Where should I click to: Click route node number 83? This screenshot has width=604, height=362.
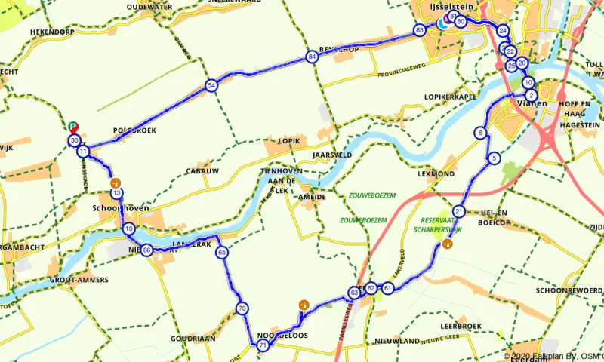coord(419,30)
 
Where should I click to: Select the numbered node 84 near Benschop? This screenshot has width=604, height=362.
coord(312,57)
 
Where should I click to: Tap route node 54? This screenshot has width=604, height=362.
coord(211,85)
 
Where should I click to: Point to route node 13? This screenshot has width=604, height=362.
coord(116,194)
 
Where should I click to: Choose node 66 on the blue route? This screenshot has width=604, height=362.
coord(146,250)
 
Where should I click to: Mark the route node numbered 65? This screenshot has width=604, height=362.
coord(222,253)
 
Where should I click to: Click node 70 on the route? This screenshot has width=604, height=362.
coord(242,308)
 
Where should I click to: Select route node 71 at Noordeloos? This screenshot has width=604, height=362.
coord(263,345)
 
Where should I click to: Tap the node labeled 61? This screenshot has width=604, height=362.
coord(387,288)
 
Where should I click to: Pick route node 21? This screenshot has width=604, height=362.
coord(459,211)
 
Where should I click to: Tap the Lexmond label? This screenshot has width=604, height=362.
coord(436,173)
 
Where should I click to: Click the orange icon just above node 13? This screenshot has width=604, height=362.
coord(116,183)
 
